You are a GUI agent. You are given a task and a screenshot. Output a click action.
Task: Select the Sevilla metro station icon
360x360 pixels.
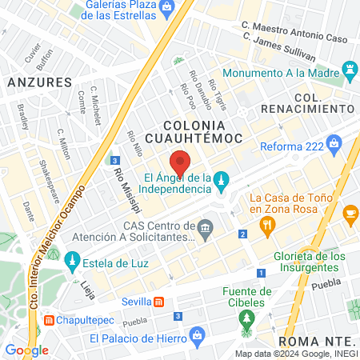[x=159, y=302]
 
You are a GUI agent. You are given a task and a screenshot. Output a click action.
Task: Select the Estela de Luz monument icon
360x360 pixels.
[x=72, y=261]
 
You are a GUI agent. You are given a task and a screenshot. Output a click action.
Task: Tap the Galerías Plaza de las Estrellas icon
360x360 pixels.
[x=166, y=8]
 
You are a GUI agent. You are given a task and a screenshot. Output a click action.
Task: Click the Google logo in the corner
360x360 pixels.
[x=27, y=350]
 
